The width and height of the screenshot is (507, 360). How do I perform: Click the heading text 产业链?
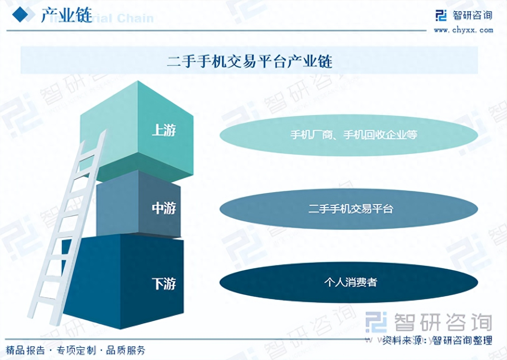coord(67,15)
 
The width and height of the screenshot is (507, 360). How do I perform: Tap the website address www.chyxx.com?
coord(463,30)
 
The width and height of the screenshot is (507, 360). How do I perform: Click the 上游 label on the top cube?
coord(164,130)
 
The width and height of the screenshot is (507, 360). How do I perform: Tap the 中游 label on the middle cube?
coord(164,208)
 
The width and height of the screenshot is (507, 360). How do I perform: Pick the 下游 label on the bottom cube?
coord(164,284)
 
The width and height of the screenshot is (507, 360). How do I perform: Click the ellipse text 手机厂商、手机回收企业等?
coord(353,135)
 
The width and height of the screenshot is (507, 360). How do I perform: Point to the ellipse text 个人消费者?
coord(350,282)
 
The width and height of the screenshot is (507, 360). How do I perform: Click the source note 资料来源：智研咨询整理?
coord(437,340)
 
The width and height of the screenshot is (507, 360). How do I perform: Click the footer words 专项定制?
coord(76,350)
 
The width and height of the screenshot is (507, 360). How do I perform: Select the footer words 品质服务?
coord(126,350)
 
